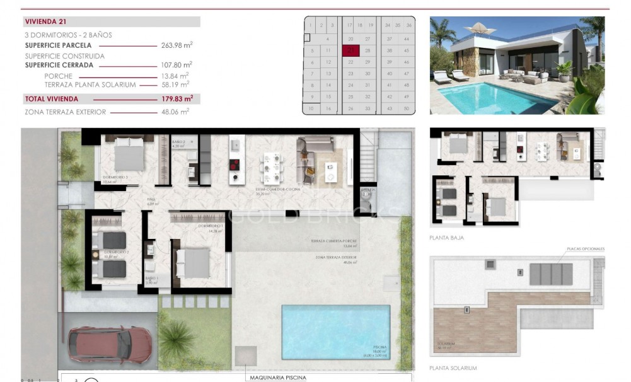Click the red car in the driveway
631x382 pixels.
click(109, 344)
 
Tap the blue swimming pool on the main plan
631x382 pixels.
click(335, 332)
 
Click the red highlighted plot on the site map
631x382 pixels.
click(350, 50)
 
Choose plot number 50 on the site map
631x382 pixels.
click(407, 108)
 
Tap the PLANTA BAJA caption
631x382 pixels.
click(448, 238)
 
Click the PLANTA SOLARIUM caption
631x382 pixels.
click(453, 368)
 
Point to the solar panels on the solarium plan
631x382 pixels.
click(550, 274)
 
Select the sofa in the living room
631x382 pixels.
click(308, 156)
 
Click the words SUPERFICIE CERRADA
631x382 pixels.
click(59, 65)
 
